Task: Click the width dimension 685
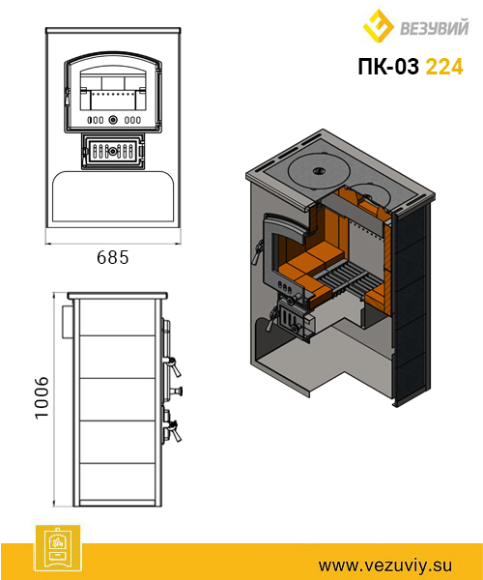[113, 257]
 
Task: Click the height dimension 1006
[42, 397]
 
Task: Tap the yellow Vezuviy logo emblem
[379, 26]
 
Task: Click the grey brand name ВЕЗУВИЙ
[435, 28]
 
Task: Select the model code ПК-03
[388, 67]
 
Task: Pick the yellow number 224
[444, 67]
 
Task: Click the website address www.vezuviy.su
[385, 565]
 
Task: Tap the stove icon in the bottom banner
[57, 548]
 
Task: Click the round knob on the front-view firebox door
[113, 120]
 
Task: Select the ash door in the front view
[112, 151]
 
